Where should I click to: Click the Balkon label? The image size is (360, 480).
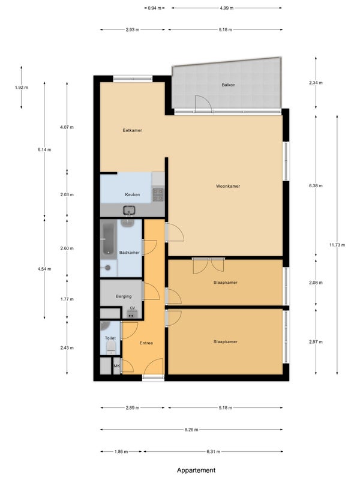pos(229,85)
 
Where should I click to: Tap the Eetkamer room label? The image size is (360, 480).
pos(132,130)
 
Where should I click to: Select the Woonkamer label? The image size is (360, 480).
pos(228,186)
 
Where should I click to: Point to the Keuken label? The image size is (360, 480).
pos(132,194)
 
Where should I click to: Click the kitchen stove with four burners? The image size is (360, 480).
pos(158,194)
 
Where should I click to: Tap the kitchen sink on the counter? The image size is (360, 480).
pos(129,211)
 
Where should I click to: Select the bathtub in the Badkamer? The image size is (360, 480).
pos(109,239)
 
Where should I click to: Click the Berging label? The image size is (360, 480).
pos(124,296)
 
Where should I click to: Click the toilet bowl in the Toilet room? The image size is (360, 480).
pos(111,347)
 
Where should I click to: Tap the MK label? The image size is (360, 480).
pos(117,366)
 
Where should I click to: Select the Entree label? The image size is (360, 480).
pos(146,343)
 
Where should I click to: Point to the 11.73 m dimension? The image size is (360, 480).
pos(337,245)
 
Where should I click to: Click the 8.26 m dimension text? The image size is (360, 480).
pos(191,430)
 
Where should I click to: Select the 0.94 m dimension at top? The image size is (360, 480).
pos(154,8)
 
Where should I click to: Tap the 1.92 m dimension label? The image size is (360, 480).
pos(22,87)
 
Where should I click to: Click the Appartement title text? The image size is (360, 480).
pos(196,470)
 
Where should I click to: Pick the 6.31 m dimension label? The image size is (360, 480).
pos(213,451)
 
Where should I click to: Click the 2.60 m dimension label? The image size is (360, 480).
pos(67,248)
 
